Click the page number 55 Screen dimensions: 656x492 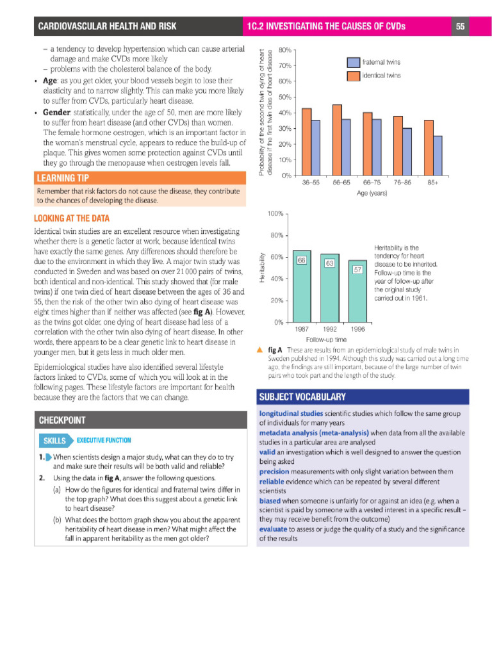(461, 26)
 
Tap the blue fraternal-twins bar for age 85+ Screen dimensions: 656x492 (438, 155)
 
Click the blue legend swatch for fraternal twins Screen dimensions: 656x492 (354, 62)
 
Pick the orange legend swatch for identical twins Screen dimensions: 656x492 (354, 76)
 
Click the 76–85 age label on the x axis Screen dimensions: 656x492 (403, 183)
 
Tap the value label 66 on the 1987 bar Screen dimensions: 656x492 (302, 259)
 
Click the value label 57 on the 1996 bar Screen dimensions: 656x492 (358, 270)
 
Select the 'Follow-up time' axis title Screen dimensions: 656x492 (326, 339)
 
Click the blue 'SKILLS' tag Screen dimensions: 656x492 (55, 441)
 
